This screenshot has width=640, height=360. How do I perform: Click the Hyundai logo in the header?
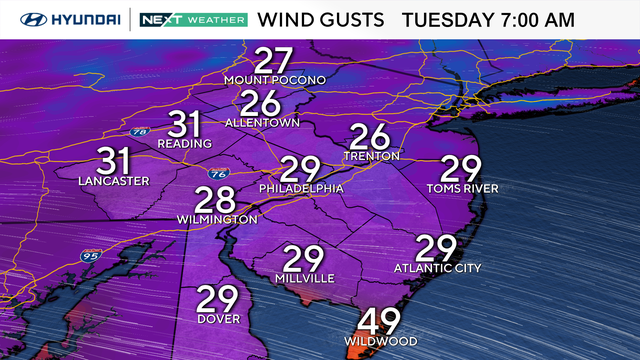[x=62, y=20]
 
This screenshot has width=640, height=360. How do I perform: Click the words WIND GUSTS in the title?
[x=319, y=20]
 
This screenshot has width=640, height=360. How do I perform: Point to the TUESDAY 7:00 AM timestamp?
[x=488, y=20]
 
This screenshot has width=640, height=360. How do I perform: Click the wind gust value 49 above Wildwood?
[x=378, y=322]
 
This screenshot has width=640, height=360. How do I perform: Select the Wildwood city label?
[x=378, y=342]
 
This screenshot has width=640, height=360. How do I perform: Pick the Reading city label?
[x=184, y=144]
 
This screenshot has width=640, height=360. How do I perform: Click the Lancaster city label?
[x=113, y=180]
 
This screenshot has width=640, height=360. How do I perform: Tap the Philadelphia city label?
[x=301, y=188]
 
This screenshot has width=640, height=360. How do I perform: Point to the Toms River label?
[x=461, y=188]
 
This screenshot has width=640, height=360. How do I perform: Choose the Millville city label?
[x=305, y=279]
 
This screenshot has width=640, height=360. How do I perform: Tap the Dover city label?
[x=217, y=320]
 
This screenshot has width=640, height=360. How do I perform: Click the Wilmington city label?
[x=217, y=218]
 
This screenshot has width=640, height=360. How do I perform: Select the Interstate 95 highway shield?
[x=88, y=256]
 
